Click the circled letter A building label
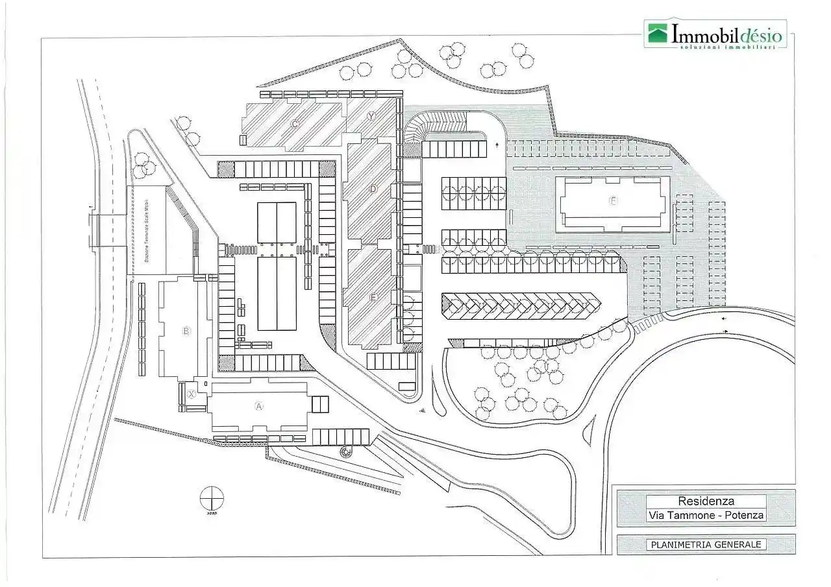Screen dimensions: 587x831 (x=258, y=407)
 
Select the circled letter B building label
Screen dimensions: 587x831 (x=186, y=331)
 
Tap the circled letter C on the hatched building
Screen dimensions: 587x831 (x=295, y=124)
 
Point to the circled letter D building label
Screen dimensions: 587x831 (x=373, y=189)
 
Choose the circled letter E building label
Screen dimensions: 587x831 (x=373, y=297)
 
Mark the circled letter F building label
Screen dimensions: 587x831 (x=612, y=200)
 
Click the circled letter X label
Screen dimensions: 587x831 (x=192, y=394)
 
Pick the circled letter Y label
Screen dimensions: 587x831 (x=371, y=116)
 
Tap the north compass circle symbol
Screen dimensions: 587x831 (x=212, y=498)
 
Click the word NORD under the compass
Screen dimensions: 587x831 (x=212, y=513)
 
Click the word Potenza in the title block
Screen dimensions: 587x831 (x=745, y=516)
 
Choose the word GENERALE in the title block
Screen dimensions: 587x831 (x=737, y=545)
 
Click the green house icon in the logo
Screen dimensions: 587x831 (x=657, y=34)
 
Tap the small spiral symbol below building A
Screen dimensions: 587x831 (x=346, y=451)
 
